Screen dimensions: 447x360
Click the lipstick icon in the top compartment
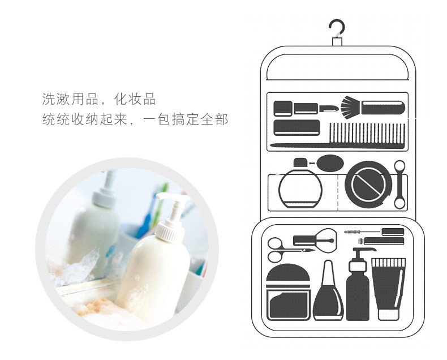point(329,109)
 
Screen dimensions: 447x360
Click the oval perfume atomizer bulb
point(330,163)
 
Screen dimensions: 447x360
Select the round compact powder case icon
point(368,185)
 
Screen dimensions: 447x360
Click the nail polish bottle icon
point(328,290)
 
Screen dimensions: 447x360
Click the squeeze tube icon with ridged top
point(388,289)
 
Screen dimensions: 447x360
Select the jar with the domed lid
point(288,292)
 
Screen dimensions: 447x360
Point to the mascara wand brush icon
point(374,232)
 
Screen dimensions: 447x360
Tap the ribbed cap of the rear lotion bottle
point(104,199)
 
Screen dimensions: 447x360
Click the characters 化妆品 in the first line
point(135,99)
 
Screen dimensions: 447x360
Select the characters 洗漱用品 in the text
point(70,99)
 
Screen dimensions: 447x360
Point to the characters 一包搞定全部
point(186,119)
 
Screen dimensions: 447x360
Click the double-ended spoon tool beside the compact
point(399,185)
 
